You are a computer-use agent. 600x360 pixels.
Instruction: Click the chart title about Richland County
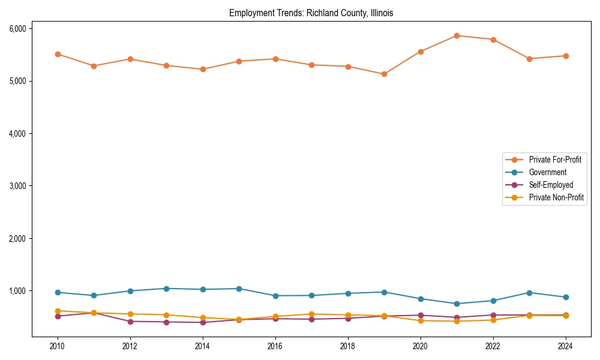click(x=311, y=13)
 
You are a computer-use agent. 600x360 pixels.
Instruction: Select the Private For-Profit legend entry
click(x=551, y=160)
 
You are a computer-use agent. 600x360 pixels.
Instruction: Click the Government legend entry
click(x=547, y=172)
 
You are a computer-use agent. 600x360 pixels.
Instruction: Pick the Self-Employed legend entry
click(x=551, y=185)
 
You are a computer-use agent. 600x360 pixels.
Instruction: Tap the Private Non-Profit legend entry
click(x=556, y=197)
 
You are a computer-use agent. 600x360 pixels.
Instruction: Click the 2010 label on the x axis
click(x=58, y=346)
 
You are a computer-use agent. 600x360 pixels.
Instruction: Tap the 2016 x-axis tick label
click(x=275, y=346)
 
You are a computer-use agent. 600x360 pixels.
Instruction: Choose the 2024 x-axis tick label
click(x=566, y=346)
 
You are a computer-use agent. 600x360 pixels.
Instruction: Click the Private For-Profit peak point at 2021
click(x=457, y=35)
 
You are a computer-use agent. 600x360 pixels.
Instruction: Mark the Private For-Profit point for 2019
click(x=384, y=74)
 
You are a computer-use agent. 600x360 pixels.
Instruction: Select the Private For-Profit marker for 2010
click(x=58, y=54)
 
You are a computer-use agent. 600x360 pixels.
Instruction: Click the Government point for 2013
click(x=166, y=289)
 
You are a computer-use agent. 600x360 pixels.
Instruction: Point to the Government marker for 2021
click(x=457, y=304)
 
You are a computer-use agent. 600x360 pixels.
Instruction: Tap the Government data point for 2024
click(x=566, y=297)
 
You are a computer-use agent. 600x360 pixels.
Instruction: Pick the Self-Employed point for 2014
click(x=203, y=322)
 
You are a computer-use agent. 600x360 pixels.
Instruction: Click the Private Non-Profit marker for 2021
click(x=457, y=321)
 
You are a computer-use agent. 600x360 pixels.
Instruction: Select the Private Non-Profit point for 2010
click(x=58, y=311)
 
